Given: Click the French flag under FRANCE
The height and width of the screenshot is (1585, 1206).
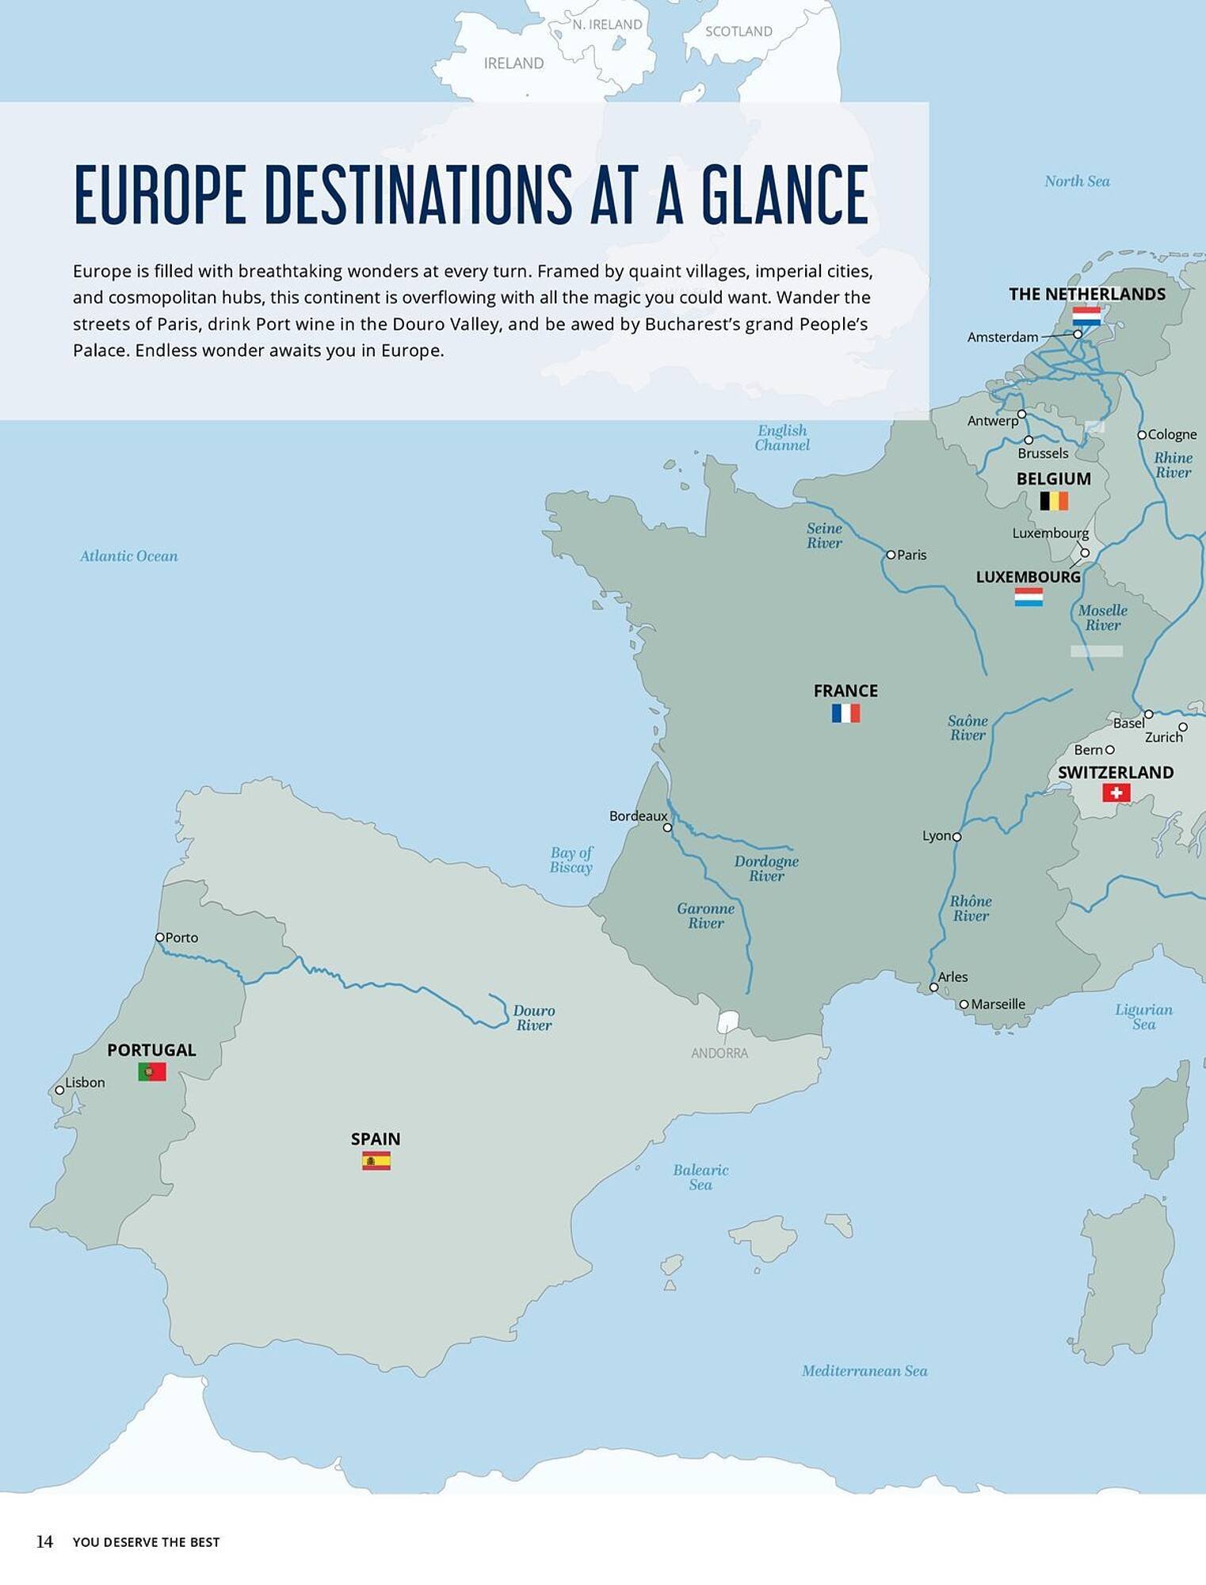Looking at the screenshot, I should pos(845,713).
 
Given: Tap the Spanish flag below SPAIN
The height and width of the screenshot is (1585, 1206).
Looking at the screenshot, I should pos(376,1161).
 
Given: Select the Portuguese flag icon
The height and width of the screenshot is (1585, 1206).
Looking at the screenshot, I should pos(152,1072).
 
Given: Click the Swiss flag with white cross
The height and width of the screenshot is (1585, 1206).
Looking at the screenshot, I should pos(1116,792).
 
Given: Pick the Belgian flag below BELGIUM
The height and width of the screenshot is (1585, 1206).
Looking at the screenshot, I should pos(1054,501).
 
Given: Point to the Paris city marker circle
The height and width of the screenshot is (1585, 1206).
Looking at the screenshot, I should pos(891,555).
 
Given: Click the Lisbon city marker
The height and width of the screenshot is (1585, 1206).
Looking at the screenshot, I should pos(59,1090).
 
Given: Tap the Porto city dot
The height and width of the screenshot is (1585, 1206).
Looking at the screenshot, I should pos(159,937).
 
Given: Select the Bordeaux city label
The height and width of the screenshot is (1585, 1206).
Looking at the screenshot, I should pos(638,815).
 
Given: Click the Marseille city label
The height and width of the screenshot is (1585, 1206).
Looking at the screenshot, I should pos(998,1004).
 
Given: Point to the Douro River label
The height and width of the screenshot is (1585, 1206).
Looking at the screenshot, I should pos(534,1018).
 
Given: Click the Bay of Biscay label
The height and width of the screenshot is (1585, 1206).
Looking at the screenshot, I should pos(571,860).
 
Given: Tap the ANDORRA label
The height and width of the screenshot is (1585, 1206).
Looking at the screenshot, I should pos(719,1053).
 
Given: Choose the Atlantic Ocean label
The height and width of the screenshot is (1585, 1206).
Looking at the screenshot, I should pos(129,556).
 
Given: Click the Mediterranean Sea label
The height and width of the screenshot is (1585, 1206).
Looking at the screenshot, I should pos(864,1371).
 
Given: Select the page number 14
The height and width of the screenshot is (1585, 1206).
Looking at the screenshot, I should pos(44,1541).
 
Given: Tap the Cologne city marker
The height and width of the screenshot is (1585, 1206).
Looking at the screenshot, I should pos(1142,434).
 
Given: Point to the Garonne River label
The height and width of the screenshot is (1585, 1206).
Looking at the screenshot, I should pos(705,915).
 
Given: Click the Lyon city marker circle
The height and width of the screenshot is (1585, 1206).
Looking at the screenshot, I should pos(957,837).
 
